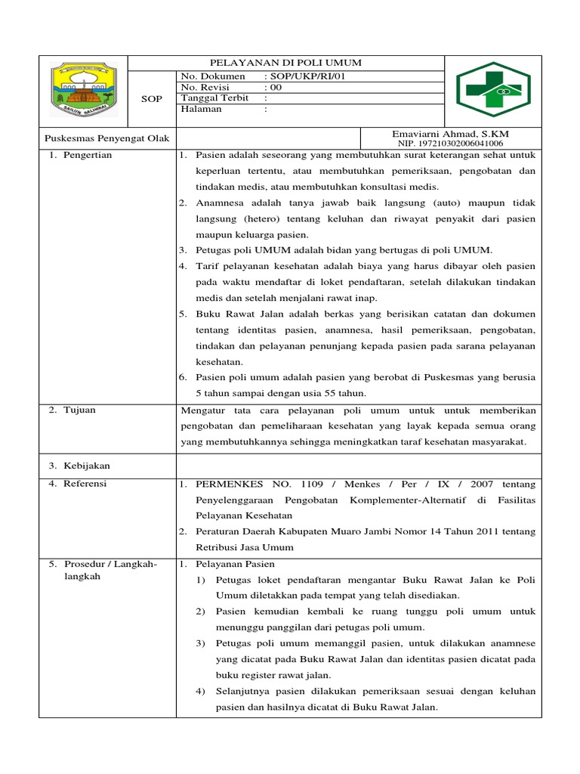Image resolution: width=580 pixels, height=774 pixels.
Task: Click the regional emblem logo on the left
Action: pos(83,91)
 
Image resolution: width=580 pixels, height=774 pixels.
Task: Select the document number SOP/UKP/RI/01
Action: pos(307,76)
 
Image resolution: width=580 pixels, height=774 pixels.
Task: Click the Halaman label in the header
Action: pos(202,109)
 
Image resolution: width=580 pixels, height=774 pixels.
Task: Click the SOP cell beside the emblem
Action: pos(152,99)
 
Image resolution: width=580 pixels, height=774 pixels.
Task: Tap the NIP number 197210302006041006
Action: pos(450,144)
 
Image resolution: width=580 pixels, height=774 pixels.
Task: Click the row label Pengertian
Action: pos(88,155)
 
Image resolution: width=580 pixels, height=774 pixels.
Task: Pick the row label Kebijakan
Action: pos(86,466)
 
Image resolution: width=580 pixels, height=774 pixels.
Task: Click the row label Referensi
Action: pos(85,483)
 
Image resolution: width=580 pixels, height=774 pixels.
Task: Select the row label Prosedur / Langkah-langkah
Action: pos(110,570)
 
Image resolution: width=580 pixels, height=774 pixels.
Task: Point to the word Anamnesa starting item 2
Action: pos(224,203)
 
